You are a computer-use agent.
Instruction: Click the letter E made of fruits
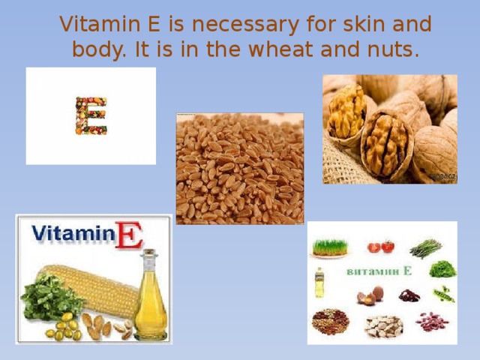(91, 115)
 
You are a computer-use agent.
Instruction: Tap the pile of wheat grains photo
(239, 169)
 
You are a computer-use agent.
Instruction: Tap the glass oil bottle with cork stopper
(151, 296)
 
